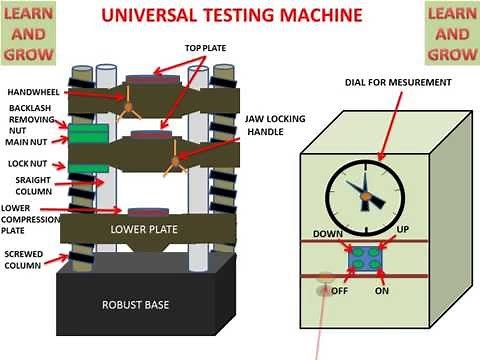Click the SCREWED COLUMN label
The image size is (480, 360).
coord(24,259)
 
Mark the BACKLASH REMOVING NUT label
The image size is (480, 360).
coord(27,118)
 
